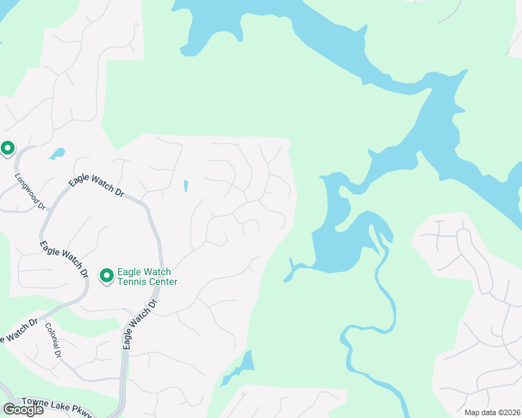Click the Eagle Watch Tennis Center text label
[147, 277]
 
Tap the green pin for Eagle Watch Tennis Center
[107, 277]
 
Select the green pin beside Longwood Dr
[8, 148]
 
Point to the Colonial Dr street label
[53, 341]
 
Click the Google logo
[23, 410]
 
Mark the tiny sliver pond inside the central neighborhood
[186, 186]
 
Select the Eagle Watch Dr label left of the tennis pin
[64, 259]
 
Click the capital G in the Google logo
[10, 410]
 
